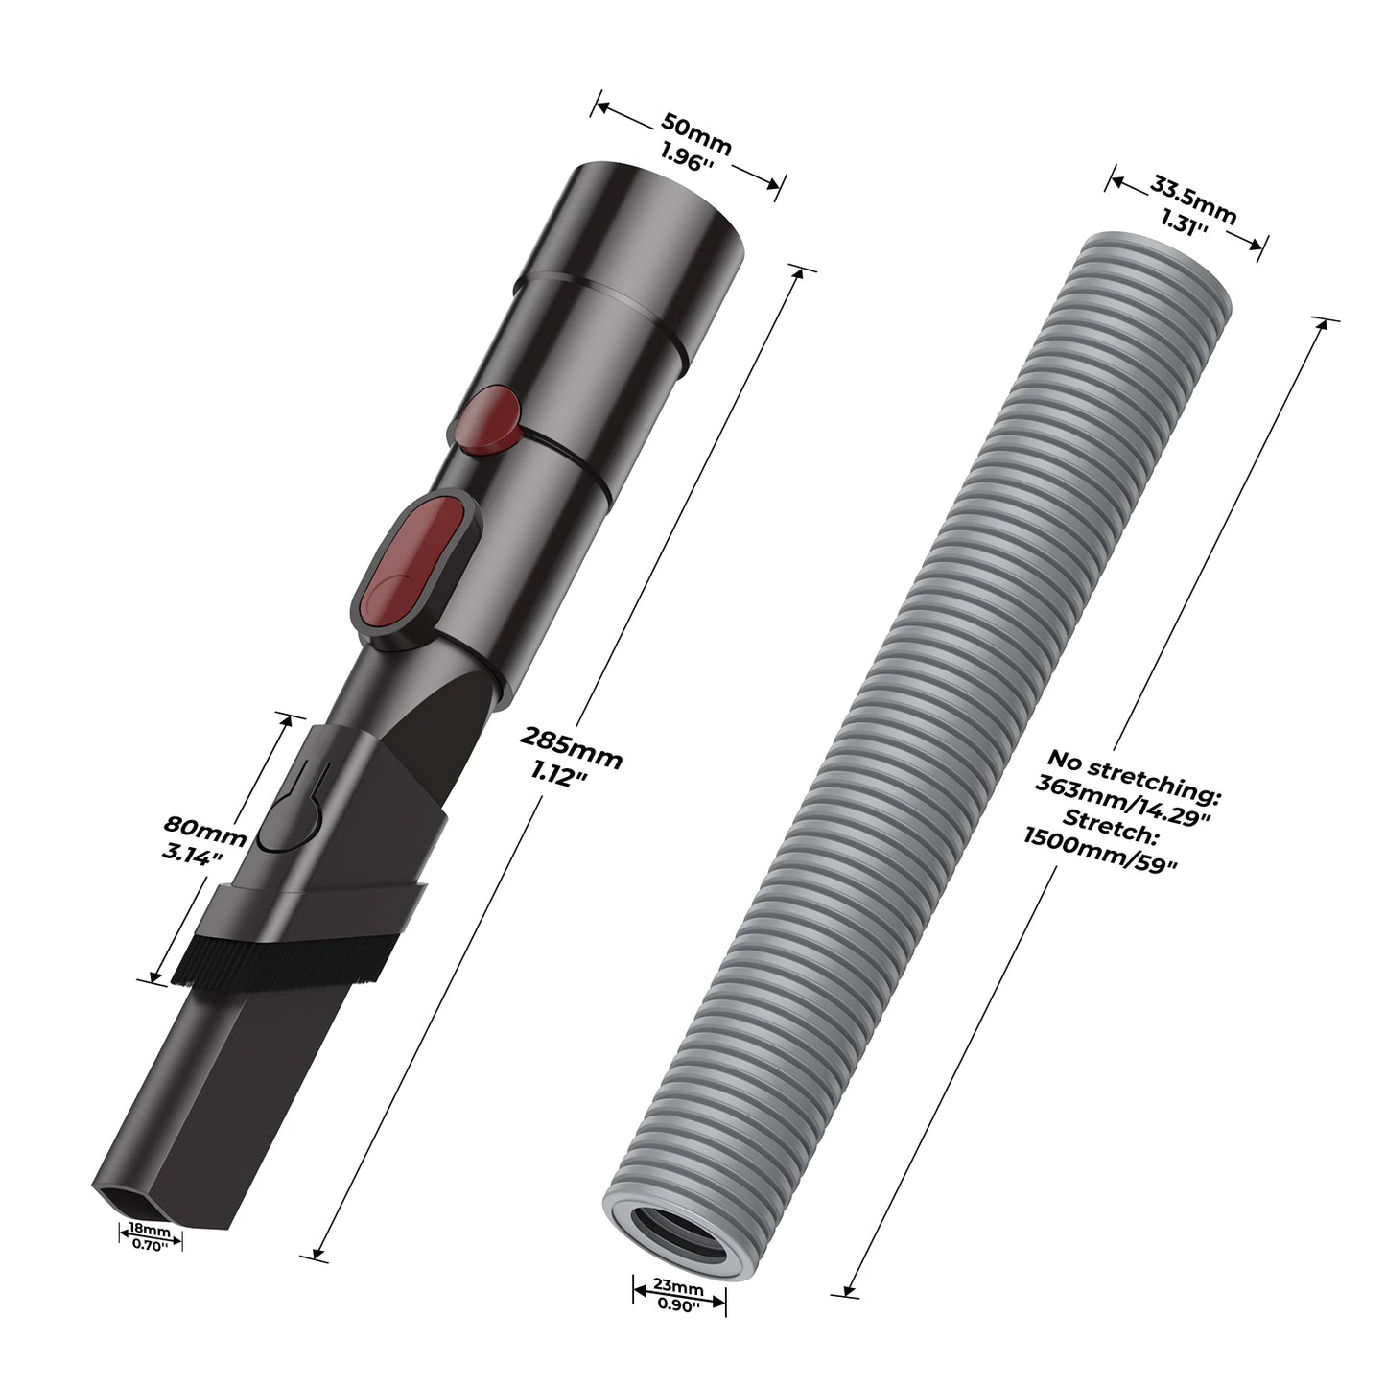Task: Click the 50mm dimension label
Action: point(695,133)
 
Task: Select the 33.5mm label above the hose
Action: point(1192,199)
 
